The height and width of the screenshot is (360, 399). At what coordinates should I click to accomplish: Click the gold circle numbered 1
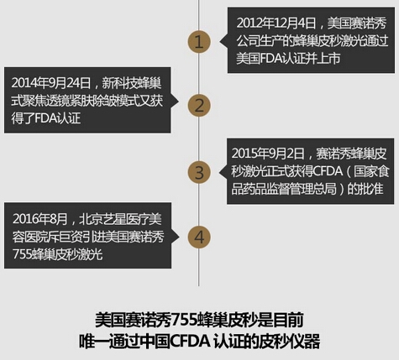[x=199, y=42]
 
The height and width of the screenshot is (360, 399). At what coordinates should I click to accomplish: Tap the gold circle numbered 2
[x=199, y=106]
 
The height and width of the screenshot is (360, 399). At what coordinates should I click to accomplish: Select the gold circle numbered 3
[x=199, y=172]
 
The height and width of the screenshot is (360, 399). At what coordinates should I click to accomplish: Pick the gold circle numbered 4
[x=199, y=237]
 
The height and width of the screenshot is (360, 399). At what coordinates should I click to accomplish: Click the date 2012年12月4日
[x=276, y=23]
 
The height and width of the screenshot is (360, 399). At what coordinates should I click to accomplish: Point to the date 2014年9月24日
[x=51, y=83]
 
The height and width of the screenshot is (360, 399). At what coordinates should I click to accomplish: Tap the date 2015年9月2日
[x=268, y=154]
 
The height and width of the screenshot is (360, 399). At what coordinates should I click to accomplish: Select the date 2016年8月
[x=39, y=219]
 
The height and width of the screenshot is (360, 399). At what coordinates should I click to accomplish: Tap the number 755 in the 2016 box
[x=22, y=254]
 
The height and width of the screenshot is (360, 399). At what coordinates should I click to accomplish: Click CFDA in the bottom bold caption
[x=191, y=342]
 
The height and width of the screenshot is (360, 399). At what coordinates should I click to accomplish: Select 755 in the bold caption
[x=183, y=320]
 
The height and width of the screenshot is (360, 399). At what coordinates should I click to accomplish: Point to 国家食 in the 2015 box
[x=371, y=171]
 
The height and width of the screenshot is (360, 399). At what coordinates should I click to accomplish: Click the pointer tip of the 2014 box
[x=178, y=101]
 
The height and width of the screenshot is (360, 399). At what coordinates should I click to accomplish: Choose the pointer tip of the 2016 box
[x=179, y=237]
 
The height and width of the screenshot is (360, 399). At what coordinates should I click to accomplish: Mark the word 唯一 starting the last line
[x=93, y=342]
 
